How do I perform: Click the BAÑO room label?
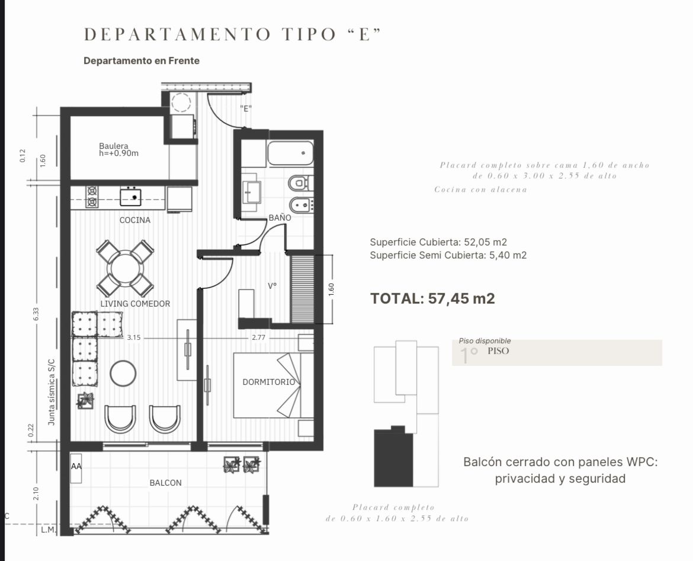coord(280,218)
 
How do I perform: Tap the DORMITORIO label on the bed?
coord(269,382)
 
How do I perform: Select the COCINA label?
coord(135,220)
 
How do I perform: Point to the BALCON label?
coord(165,483)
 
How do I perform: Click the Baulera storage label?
coord(118,149)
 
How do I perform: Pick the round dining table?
coord(125,269)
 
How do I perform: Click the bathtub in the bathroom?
coord(290,153)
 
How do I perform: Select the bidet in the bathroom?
coord(301,205)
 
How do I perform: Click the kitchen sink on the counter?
coord(130,197)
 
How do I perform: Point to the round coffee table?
coord(123,374)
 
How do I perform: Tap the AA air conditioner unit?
coord(76,468)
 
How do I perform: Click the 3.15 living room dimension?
coord(133,337)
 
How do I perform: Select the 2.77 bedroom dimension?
coord(259,337)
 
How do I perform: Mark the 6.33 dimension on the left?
coord(36,314)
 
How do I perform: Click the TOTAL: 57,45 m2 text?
coord(432,299)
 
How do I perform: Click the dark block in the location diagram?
coord(393,457)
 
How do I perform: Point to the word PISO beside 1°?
coord(498,351)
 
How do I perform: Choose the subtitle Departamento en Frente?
coord(142,61)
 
